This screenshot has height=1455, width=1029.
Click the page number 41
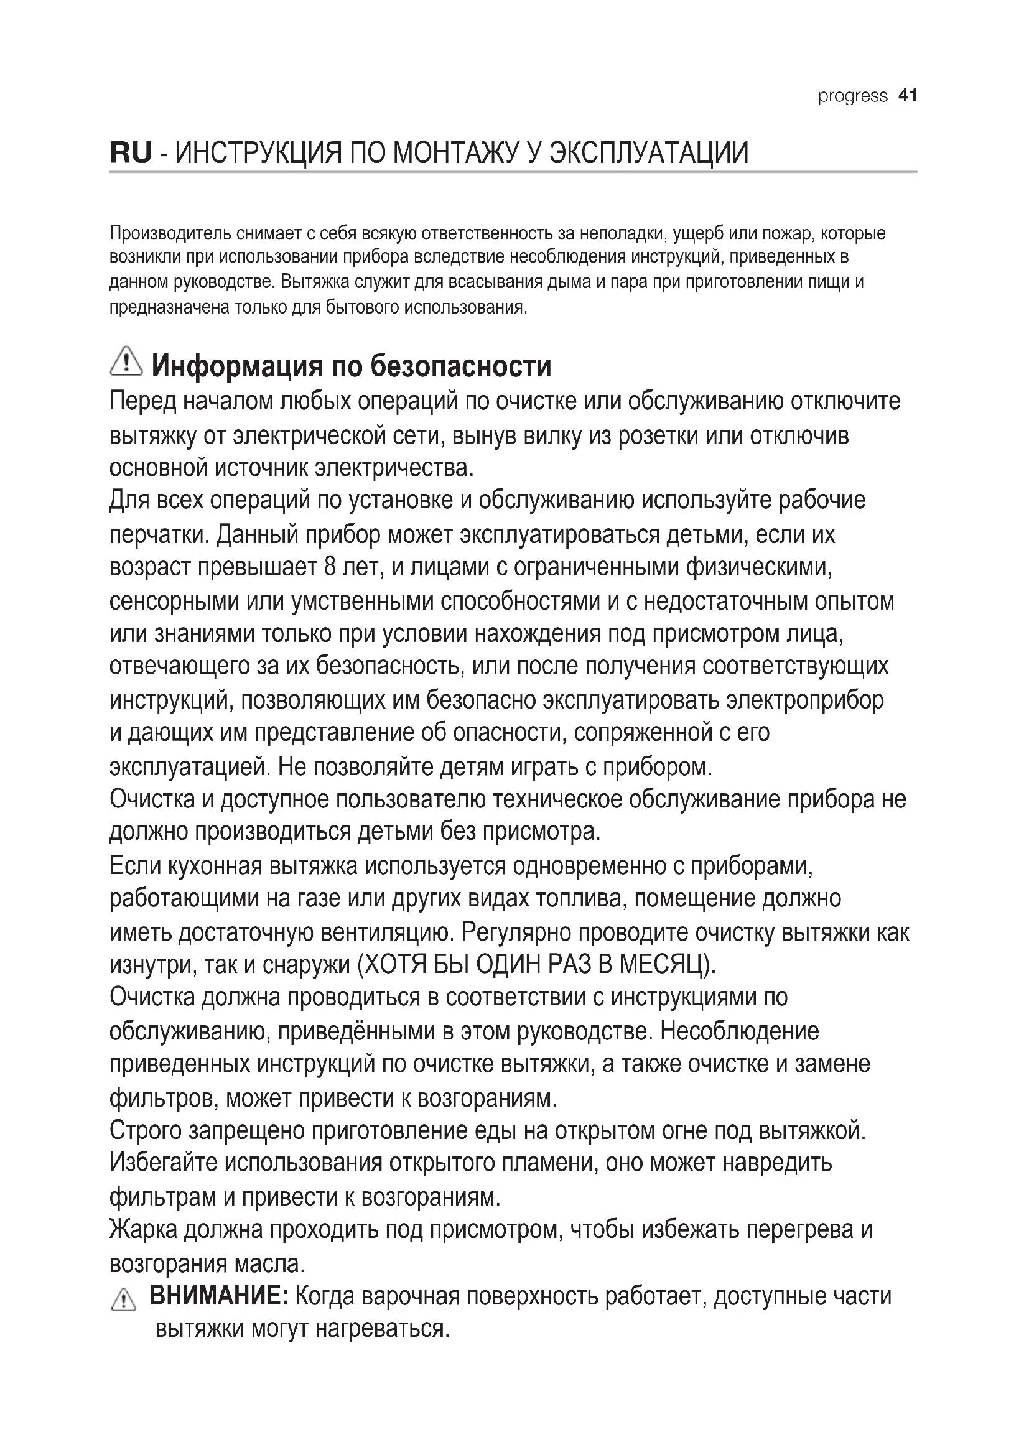pos(907,96)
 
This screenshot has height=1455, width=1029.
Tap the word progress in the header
pos(852,96)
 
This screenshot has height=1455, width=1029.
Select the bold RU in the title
pos(131,153)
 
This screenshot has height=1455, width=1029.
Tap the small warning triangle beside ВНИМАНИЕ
pos(123,1301)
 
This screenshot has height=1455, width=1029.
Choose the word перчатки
pos(159,534)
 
